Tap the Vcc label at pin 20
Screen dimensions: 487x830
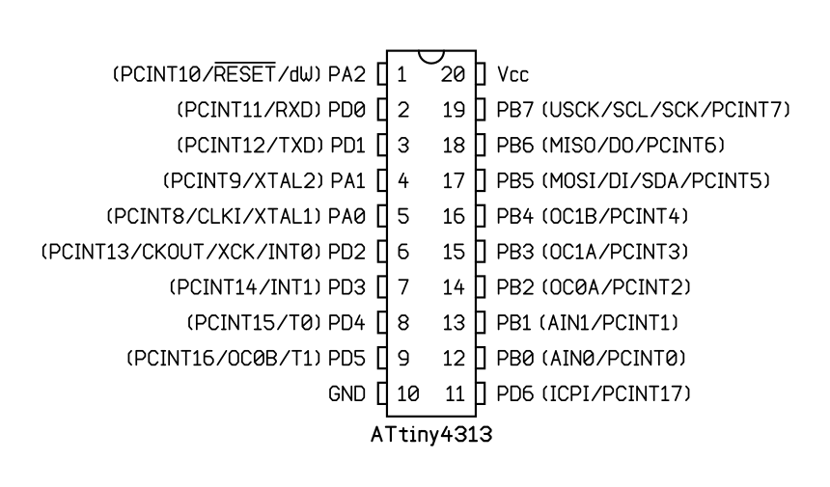[512, 74]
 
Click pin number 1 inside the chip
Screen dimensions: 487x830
[401, 74]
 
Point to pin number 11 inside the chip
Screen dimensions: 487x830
[456, 393]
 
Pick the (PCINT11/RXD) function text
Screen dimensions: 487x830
[249, 110]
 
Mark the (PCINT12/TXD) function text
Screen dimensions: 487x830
[249, 145]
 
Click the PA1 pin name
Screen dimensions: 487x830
[347, 180]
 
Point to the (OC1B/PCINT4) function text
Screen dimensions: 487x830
[615, 216]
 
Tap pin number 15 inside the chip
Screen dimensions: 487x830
[456, 252]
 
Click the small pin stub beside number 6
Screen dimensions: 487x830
[380, 252]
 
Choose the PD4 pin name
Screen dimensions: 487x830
[347, 322]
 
